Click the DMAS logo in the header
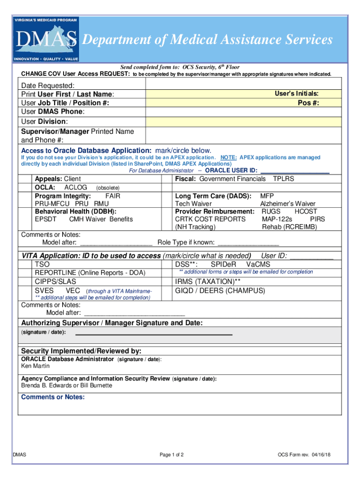(x=47, y=40)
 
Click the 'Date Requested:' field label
(x=48, y=86)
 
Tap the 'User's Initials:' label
(x=299, y=94)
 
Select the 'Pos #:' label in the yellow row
(x=308, y=103)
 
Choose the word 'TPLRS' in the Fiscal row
(x=283, y=179)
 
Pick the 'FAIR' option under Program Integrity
(x=113, y=196)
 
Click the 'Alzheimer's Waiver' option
(x=288, y=204)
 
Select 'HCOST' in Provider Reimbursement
(x=306, y=211)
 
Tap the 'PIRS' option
(x=317, y=219)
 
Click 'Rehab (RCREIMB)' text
(x=289, y=227)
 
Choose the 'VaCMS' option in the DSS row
(x=258, y=264)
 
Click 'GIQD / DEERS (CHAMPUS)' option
(x=220, y=290)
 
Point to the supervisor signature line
(x=154, y=334)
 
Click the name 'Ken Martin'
(x=36, y=366)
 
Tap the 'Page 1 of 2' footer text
(x=171, y=455)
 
